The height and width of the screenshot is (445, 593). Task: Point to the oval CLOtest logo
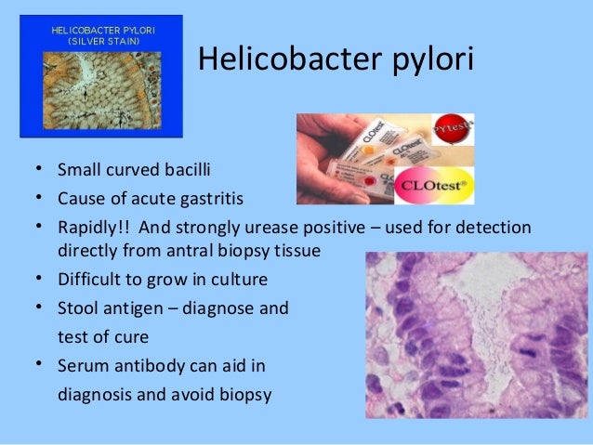436,180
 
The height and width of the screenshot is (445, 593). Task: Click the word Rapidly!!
96,228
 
